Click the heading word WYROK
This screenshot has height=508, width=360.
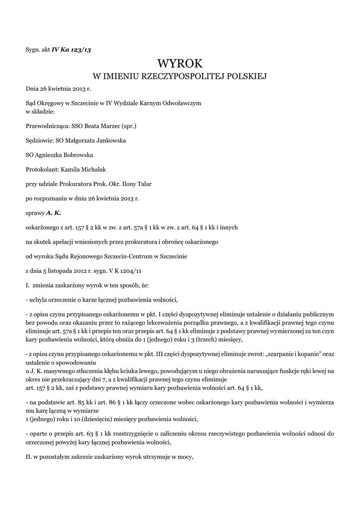pyautogui.click(x=180, y=63)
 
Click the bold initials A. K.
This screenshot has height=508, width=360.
pyautogui.click(x=53, y=213)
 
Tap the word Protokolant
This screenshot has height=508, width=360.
pyautogui.click(x=41, y=169)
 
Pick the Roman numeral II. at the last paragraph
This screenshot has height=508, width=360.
pyautogui.click(x=29, y=457)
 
